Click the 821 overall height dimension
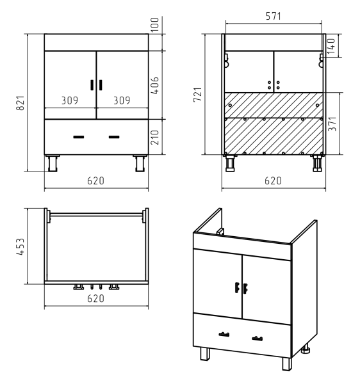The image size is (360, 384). click(20, 103)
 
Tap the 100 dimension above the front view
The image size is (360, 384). click(155, 24)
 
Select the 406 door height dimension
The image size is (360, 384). click(155, 86)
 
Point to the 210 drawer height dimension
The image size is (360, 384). click(155, 137)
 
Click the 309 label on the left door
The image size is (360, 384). click(70, 100)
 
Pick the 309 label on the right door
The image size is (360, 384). click(122, 100)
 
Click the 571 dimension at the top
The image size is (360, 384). click(274, 16)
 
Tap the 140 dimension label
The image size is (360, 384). click(331, 46)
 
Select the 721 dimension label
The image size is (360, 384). click(197, 94)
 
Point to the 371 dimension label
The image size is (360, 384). click(332, 124)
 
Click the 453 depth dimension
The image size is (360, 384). click(20, 246)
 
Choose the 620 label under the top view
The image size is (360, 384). click(96, 298)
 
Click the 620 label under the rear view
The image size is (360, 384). click(274, 181)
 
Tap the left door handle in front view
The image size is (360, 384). click(92, 85)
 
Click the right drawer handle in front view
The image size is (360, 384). click(114, 137)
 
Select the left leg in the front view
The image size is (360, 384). click(53, 163)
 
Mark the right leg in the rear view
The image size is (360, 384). click(317, 163)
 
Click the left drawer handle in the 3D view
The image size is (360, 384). click(224, 334)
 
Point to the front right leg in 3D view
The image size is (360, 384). click(287, 364)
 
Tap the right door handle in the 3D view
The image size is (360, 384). click(245, 288)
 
